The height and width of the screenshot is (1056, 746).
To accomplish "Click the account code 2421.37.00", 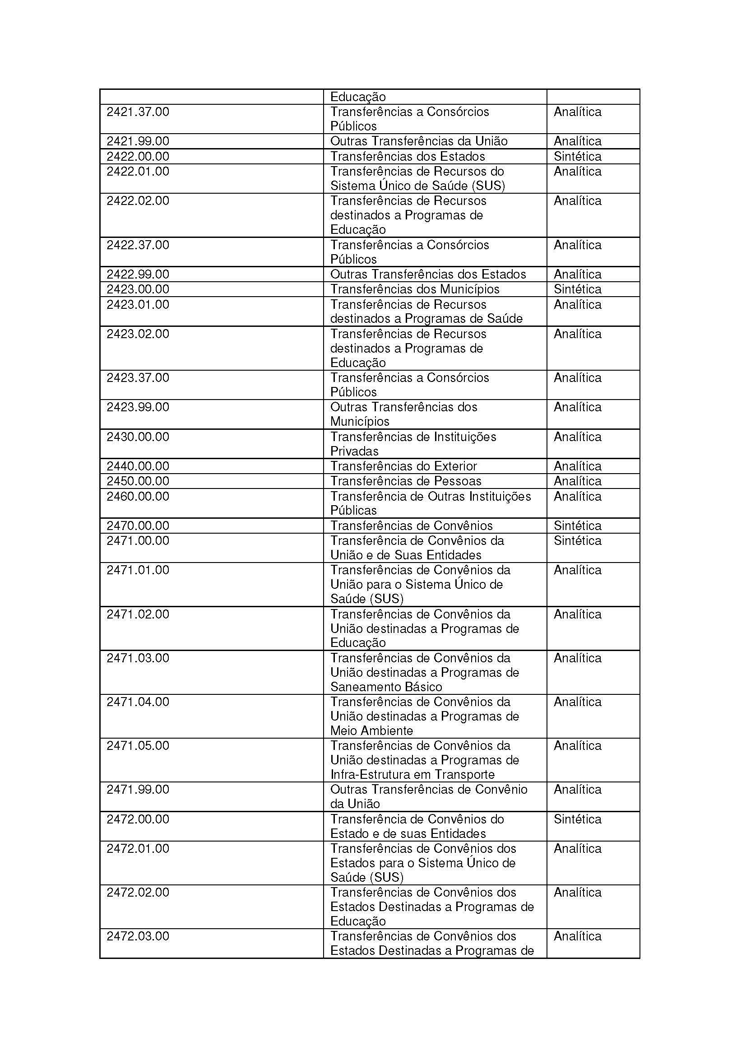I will [138, 112].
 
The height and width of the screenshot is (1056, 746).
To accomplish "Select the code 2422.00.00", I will [138, 156].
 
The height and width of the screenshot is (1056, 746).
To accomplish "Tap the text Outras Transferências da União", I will [419, 141].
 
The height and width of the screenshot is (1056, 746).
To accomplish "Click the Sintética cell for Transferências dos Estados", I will [577, 156].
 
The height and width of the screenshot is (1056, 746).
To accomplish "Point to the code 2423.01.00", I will [138, 304].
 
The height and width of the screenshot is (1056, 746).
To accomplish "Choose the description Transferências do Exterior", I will [403, 466].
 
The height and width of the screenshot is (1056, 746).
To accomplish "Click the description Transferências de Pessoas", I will [406, 481].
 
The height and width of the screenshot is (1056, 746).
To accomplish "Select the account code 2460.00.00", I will [138, 496].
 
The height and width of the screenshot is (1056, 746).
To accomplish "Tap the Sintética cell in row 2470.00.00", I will [577, 526].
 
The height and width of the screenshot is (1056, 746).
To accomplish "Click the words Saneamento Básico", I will [386, 687].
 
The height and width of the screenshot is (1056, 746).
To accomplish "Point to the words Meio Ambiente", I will [372, 730].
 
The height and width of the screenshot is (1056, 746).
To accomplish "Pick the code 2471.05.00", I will [138, 745].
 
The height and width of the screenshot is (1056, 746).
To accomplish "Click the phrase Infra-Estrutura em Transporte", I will [412, 775].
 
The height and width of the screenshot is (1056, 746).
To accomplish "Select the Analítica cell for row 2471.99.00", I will [577, 790].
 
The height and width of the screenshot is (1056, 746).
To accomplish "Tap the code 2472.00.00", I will [138, 819].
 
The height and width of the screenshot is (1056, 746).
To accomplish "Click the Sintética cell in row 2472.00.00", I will [577, 819].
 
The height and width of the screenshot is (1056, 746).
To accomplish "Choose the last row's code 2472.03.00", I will [138, 936].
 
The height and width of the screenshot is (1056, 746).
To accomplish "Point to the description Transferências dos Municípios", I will [415, 289].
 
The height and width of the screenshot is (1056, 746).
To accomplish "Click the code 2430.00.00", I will [138, 437].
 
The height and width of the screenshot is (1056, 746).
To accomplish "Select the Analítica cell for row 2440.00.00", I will [577, 466].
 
